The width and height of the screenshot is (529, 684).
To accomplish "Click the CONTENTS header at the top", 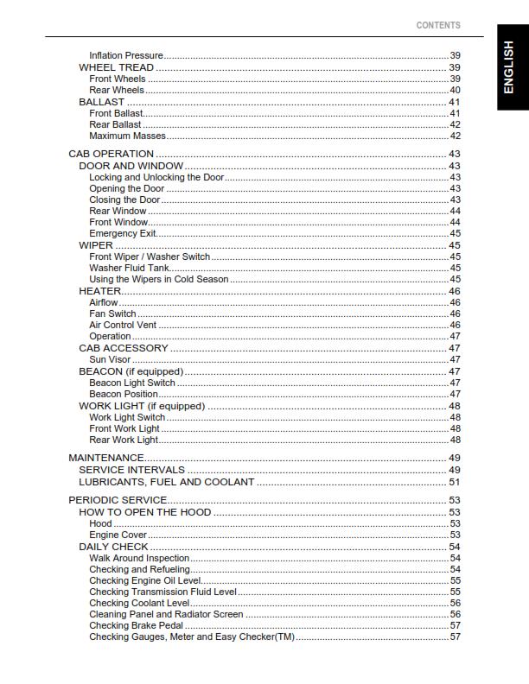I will (438, 25).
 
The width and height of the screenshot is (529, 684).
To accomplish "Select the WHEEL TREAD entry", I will (117, 67).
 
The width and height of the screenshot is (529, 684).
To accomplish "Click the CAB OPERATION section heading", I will (111, 154).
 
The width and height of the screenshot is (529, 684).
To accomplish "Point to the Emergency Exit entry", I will (123, 233).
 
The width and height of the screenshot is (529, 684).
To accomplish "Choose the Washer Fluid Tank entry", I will (130, 268).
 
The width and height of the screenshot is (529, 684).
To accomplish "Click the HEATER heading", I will (99, 291).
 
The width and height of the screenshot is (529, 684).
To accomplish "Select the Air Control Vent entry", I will (123, 325).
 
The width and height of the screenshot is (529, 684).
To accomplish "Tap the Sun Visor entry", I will (110, 359).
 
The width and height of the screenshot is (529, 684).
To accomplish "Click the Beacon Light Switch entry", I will (132, 383).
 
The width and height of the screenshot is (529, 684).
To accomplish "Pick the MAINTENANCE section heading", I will (105, 457).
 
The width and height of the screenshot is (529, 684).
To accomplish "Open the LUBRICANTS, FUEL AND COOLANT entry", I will (167, 482).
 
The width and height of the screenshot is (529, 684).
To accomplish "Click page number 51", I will (454, 482).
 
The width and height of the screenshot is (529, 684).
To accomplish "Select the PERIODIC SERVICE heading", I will (118, 500).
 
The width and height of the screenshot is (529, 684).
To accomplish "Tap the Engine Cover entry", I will (118, 535).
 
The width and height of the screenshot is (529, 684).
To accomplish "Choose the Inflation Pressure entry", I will (126, 56).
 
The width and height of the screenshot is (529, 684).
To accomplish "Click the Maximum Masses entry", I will (127, 136).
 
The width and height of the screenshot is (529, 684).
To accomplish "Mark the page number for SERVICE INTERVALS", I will (454, 470).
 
